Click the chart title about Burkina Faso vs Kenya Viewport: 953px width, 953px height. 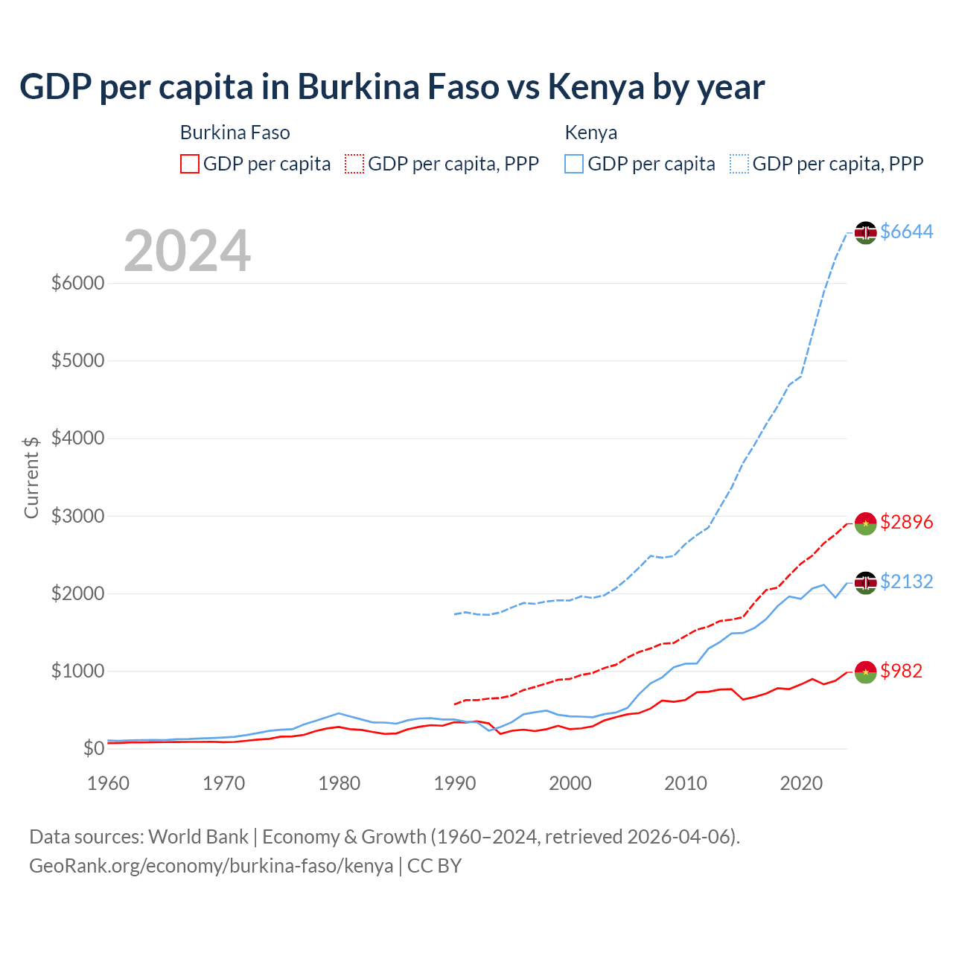392,86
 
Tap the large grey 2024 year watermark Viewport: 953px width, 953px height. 187,251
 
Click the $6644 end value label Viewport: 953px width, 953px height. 906,232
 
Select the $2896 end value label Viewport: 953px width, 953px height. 906,522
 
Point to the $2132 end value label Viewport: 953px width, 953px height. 906,581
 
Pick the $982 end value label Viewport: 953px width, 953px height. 901,671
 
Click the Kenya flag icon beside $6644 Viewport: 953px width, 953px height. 865,232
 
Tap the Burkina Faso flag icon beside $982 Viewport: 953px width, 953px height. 865,672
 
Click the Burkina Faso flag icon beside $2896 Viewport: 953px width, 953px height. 865,523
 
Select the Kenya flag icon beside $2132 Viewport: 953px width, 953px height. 865,582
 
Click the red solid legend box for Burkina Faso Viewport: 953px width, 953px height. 190,164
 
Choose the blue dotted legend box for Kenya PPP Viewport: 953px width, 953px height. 739,164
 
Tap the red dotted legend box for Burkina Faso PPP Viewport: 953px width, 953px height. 354,164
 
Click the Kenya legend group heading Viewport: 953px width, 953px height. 591,133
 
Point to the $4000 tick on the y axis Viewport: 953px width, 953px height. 77,439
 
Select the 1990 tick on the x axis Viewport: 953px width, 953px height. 455,783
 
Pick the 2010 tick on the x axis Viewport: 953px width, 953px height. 686,783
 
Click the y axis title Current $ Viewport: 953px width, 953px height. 31,477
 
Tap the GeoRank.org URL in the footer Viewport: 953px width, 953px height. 211,866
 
